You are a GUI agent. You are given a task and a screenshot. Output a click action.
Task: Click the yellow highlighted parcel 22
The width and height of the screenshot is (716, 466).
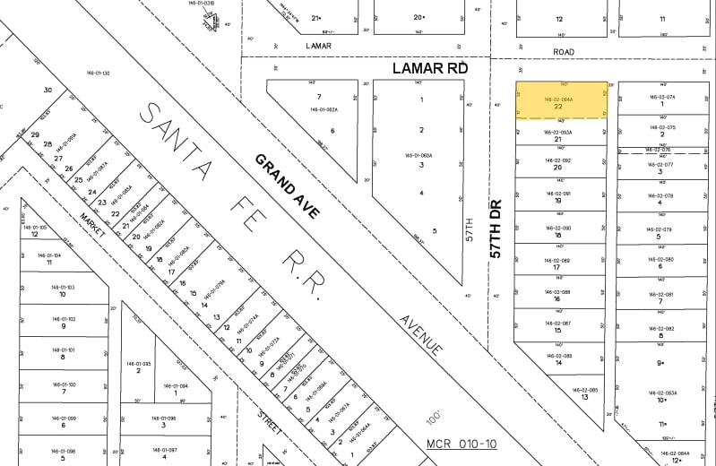(560, 101)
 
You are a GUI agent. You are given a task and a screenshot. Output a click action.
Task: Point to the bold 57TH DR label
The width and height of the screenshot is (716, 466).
(496, 229)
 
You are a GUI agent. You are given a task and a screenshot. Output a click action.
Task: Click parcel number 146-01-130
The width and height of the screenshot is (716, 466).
(98, 73)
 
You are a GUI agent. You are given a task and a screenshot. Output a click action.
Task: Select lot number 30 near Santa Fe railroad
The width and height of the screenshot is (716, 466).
(47, 90)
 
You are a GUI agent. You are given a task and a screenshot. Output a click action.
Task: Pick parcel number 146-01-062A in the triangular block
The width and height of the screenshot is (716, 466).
(323, 109)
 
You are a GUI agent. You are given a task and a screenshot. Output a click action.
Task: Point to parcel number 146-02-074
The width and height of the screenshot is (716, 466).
(661, 96)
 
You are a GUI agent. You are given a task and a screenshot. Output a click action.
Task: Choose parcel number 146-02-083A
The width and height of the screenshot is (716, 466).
(664, 393)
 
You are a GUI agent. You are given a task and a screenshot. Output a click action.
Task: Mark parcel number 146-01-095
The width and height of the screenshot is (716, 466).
(142, 363)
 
